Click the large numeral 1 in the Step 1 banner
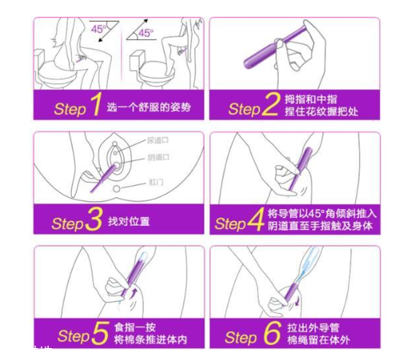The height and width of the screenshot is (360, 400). pos(93,105)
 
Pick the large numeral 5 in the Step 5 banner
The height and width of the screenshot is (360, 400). pos(99,334)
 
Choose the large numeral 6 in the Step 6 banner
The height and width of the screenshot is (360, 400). pos(271,334)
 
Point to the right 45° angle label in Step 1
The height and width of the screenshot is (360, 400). pos(146,33)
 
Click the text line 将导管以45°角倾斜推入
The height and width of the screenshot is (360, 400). pos(318,213)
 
